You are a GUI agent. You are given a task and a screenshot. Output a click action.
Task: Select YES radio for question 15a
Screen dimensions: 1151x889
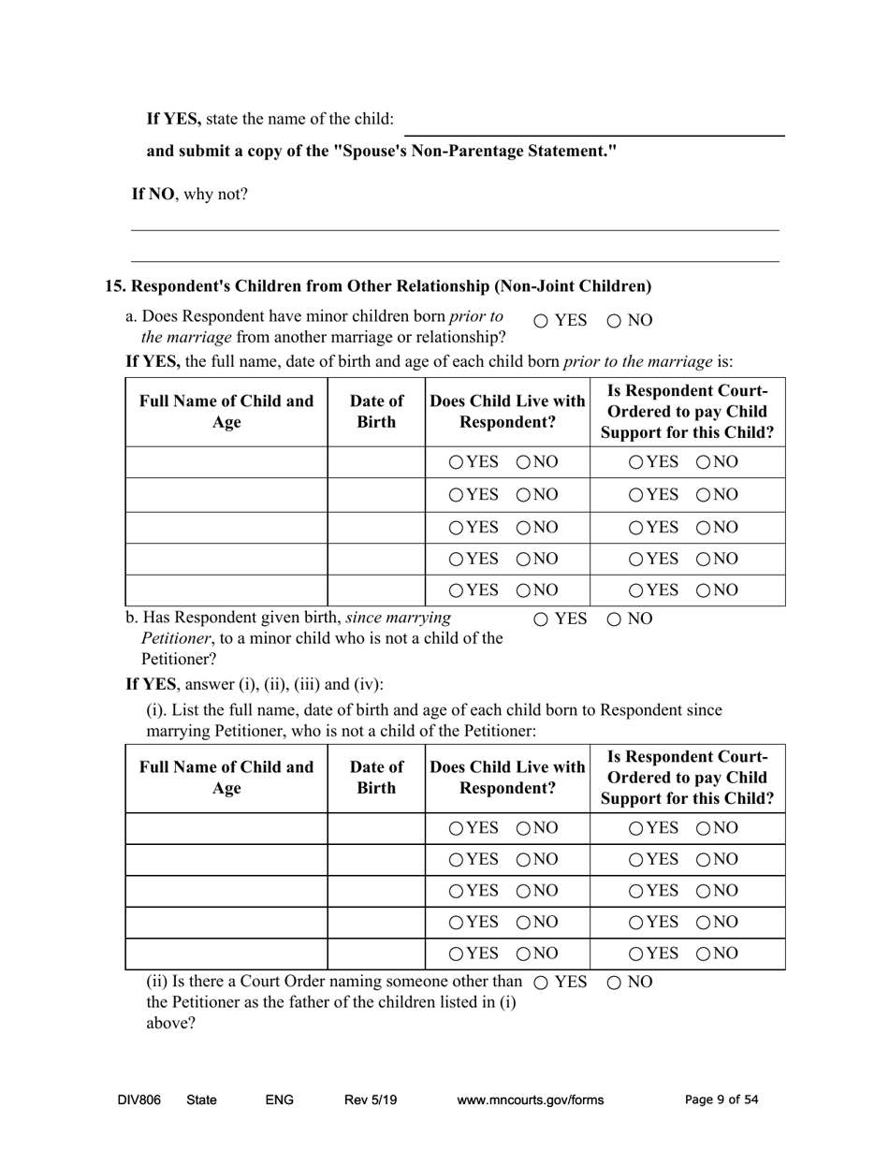542,321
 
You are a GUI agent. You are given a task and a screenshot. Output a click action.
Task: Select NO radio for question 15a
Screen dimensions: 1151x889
615,321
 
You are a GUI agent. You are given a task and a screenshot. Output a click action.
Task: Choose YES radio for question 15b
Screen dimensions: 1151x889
542,619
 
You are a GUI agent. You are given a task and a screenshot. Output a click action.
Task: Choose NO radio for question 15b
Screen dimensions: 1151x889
615,619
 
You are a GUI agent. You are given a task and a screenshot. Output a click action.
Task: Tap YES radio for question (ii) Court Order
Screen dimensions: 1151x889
542,983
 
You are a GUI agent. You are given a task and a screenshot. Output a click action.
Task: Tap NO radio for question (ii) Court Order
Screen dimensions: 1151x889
615,983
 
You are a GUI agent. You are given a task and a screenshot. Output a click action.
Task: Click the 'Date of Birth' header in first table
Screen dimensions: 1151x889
376,412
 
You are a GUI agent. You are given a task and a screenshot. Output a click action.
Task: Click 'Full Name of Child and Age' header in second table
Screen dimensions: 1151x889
226,778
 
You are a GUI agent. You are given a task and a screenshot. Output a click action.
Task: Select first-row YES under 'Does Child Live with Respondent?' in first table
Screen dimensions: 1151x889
456,462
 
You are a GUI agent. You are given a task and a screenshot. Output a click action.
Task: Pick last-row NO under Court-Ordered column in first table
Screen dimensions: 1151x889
703,590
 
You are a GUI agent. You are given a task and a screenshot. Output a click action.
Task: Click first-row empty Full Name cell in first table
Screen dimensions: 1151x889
226,462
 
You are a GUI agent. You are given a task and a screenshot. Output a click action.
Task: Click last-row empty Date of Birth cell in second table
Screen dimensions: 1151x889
376,954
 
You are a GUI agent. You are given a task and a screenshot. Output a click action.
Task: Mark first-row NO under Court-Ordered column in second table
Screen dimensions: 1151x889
703,828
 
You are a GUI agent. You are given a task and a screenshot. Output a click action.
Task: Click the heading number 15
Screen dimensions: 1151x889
113,286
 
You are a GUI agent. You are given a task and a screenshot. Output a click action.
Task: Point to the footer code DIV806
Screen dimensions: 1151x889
139,1100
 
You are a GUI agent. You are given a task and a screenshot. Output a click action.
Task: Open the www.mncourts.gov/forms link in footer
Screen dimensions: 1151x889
530,1100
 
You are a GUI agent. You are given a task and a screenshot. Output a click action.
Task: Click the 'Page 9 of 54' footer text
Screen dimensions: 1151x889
721,1100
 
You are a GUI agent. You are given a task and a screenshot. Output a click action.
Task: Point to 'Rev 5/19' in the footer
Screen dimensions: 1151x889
371,1100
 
